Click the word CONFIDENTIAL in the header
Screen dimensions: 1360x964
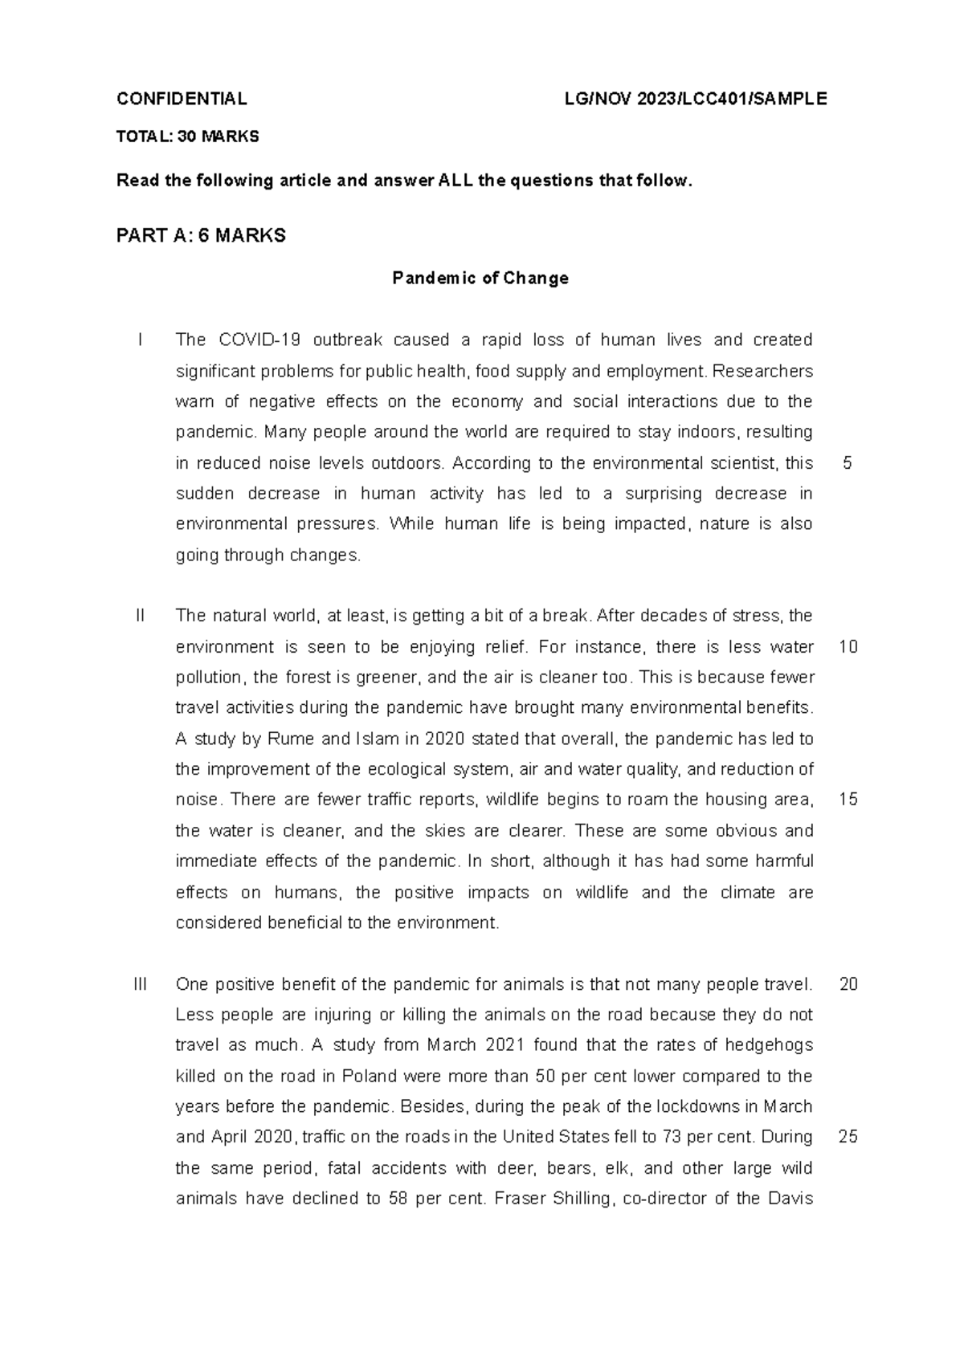182,99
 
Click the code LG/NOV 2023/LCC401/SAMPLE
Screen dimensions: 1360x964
696,99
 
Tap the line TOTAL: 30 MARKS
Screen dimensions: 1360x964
187,136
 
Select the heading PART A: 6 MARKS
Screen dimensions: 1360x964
201,236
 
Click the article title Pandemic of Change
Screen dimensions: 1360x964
480,279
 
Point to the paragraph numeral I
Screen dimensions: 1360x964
141,340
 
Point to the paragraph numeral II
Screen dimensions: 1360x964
141,617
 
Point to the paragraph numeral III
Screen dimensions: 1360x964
141,984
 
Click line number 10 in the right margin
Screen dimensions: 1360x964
848,647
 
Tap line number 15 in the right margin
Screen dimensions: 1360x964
848,800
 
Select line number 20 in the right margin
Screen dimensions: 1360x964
848,984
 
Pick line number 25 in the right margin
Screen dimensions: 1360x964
848,1138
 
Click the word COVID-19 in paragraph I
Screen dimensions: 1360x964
259,340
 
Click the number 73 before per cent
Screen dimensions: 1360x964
671,1138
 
